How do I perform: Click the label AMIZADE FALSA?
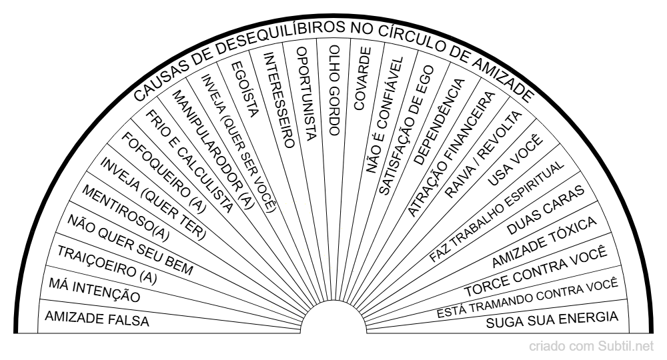click(96, 319)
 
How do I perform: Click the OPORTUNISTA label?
click(303, 93)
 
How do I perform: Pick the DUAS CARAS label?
click(546, 208)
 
